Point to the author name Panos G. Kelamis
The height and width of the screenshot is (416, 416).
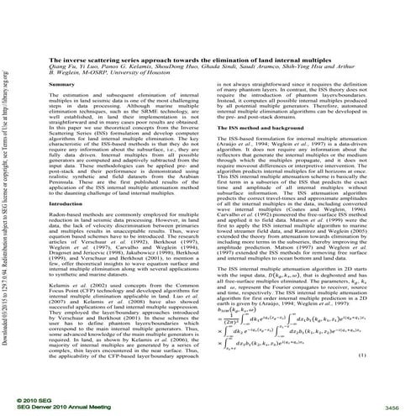[138, 70]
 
